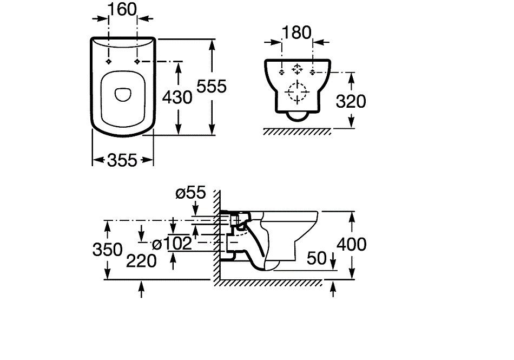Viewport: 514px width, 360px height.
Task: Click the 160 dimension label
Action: click(x=122, y=10)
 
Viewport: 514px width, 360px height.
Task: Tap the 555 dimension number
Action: click(x=212, y=87)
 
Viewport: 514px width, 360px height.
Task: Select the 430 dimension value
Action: click(x=177, y=97)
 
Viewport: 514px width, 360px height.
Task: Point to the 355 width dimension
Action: click(x=122, y=160)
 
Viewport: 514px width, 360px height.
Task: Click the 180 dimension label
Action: click(x=296, y=33)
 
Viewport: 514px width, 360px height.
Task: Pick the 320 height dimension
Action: click(x=351, y=101)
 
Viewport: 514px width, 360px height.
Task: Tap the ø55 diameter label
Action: click(x=191, y=193)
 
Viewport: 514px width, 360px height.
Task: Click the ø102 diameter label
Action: click(x=172, y=244)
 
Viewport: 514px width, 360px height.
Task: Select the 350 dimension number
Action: click(x=108, y=250)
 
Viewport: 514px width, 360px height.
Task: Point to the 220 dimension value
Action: click(x=141, y=261)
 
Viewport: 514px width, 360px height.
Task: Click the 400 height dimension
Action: click(x=352, y=245)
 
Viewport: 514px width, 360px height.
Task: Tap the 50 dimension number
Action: click(x=317, y=258)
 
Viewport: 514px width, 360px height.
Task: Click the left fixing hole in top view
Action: click(x=109, y=62)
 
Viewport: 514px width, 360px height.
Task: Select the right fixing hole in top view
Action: click(x=137, y=62)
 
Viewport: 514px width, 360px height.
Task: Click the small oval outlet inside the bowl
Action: click(x=123, y=94)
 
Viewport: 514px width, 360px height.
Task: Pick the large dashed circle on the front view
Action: click(x=298, y=91)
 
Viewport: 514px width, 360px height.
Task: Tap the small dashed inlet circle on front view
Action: click(x=298, y=69)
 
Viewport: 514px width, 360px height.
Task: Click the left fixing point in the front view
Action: click(x=281, y=72)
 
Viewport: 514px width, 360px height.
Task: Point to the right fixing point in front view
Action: click(x=313, y=72)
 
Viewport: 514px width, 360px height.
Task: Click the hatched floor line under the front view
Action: click(x=298, y=132)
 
